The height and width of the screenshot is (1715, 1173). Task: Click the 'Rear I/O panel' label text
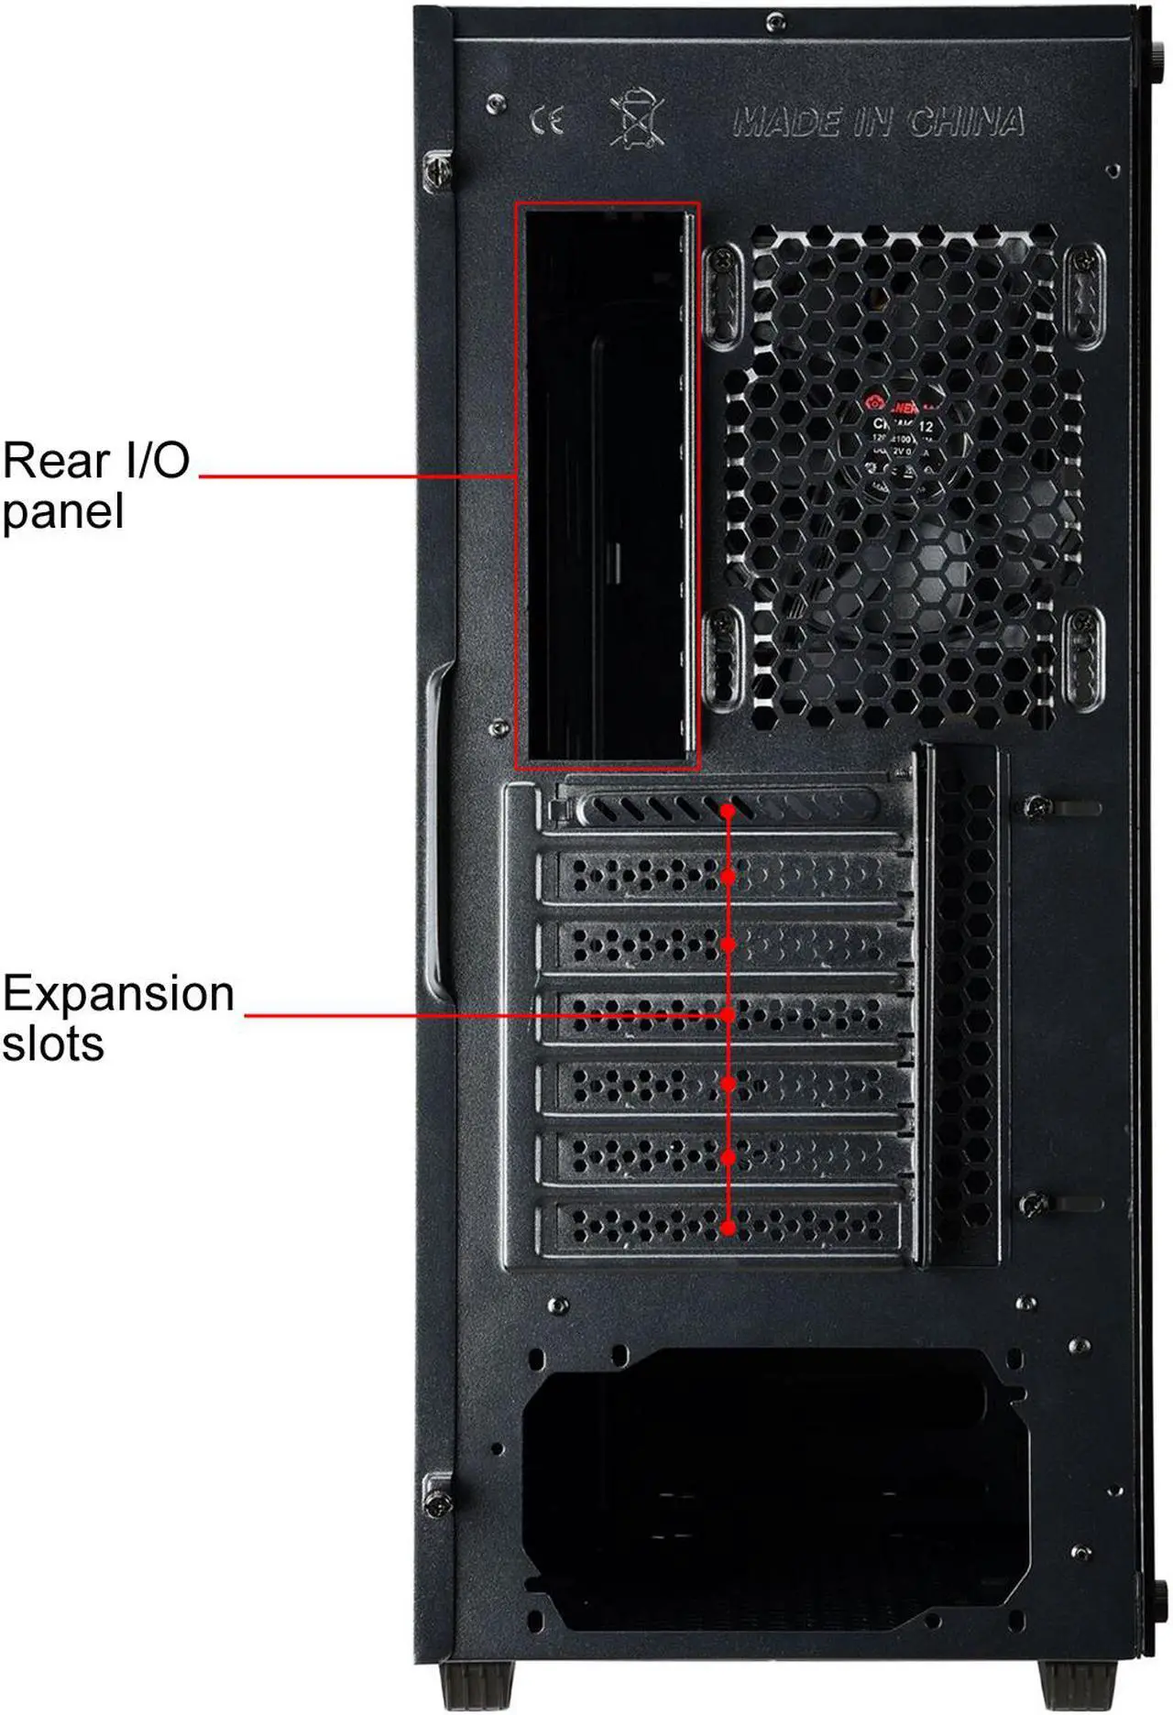pos(95,486)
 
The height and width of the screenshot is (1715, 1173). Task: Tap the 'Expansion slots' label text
pos(117,1017)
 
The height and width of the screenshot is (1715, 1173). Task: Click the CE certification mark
pos(547,120)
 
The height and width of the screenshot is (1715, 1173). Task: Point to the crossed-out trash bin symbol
pos(636,118)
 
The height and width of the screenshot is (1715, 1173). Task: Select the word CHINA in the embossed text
pos(966,122)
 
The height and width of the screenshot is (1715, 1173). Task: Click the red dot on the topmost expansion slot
pos(728,811)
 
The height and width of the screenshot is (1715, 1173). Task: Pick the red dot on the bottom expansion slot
pos(728,1228)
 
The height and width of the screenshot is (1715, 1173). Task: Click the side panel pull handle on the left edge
pos(438,834)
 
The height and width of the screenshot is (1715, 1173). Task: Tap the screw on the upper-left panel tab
pos(437,170)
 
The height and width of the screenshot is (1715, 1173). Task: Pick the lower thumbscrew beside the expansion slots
pos(1034,1204)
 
